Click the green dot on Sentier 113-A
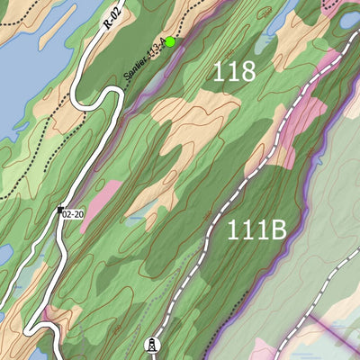point(170,41)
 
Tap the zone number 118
point(234,73)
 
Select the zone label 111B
point(256,230)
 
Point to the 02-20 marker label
point(73,214)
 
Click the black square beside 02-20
point(59,211)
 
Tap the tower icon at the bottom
point(152,345)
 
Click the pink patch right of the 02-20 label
point(99,202)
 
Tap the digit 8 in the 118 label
point(247,73)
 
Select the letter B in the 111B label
point(276,230)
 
